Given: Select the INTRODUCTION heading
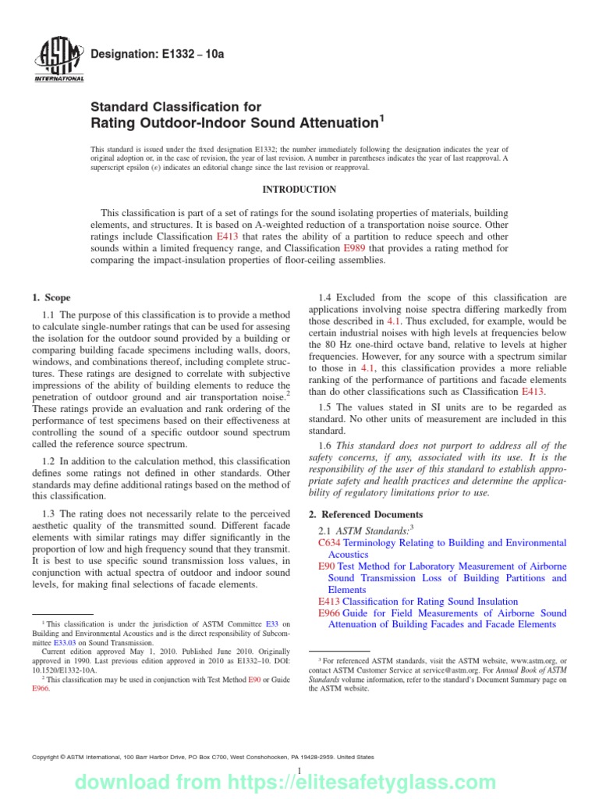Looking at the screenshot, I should [299, 190].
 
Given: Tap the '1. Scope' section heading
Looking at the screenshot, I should [51, 297].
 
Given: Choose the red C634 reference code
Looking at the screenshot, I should [330, 542].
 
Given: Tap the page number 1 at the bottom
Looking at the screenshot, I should [299, 772].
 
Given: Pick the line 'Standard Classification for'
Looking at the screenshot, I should [176, 106].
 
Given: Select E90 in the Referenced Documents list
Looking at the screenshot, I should [326, 566].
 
